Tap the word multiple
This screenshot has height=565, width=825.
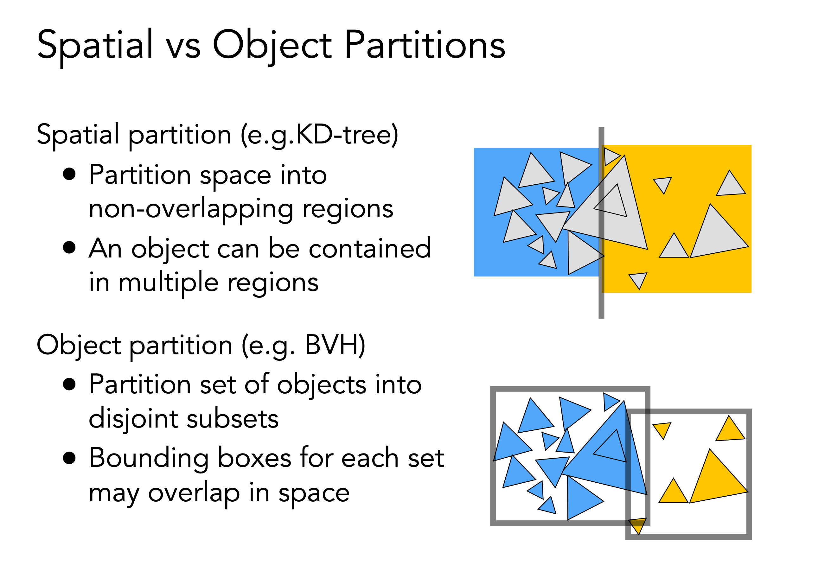(168, 283)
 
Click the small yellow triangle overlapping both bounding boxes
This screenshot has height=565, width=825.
(637, 524)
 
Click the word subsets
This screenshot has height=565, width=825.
(233, 419)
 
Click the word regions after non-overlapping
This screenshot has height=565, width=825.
(348, 209)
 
